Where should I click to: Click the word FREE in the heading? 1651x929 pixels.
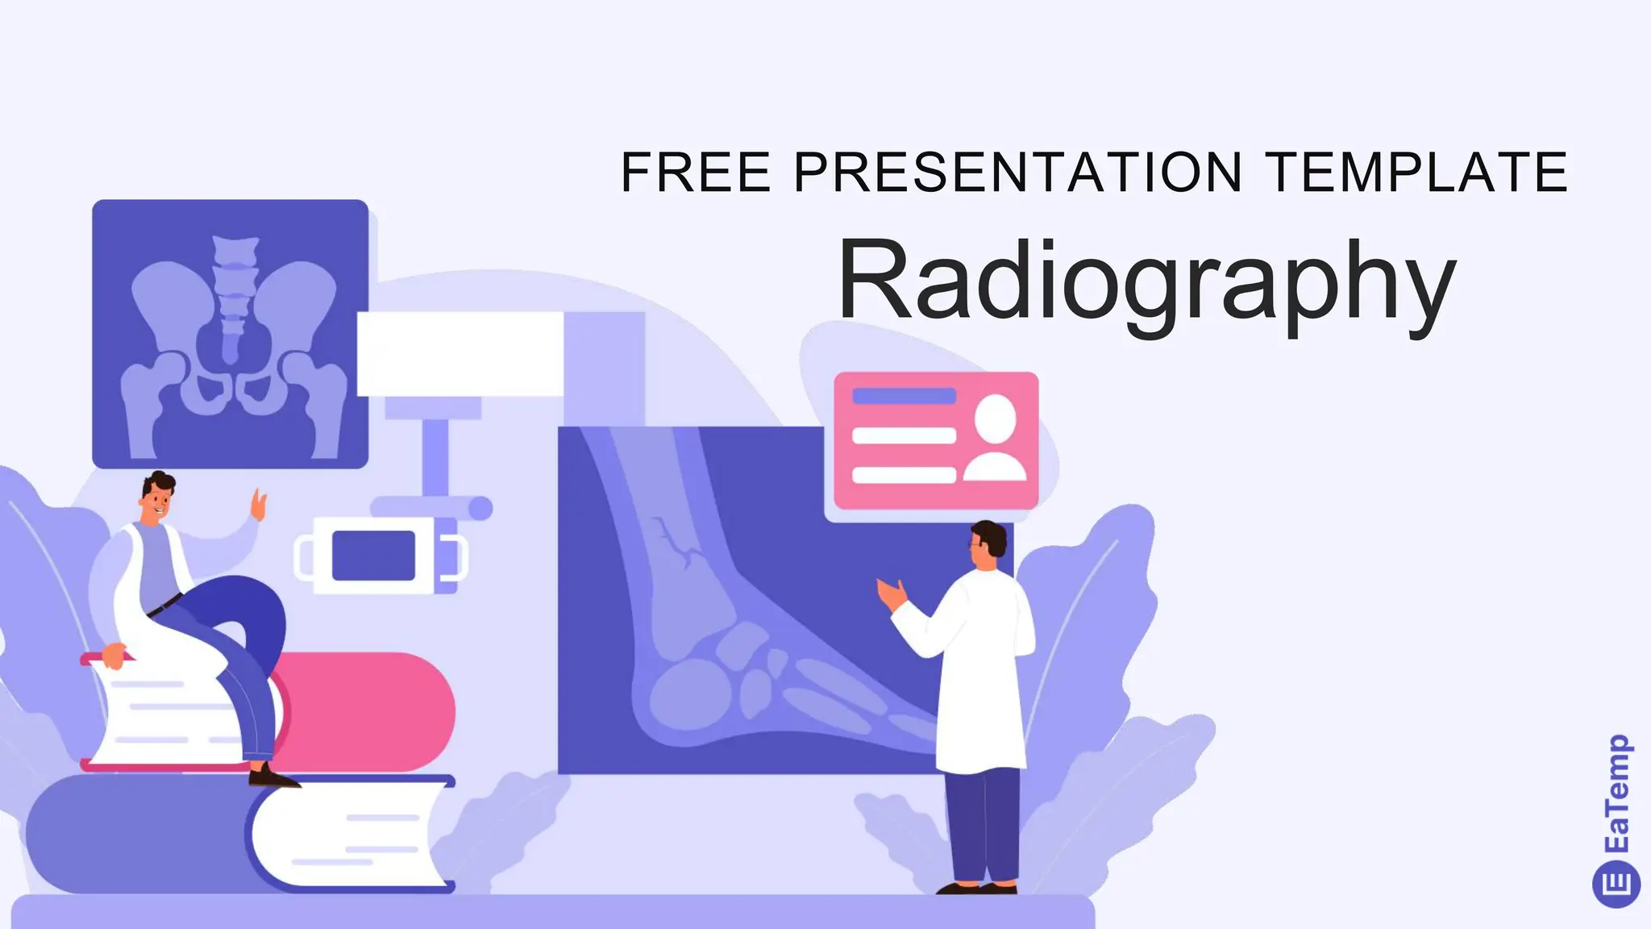click(696, 172)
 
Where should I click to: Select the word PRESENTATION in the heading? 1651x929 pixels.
click(1018, 172)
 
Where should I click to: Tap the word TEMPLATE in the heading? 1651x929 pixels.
click(1416, 172)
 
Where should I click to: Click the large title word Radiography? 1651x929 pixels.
click(1146, 282)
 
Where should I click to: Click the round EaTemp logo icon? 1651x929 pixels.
click(1616, 883)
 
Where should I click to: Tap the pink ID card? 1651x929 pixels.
click(935, 440)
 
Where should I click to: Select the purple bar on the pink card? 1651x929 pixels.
click(904, 396)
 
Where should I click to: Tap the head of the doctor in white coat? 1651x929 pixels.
click(988, 542)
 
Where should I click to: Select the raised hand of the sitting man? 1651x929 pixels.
click(259, 505)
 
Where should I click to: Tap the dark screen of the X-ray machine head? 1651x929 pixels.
click(373, 556)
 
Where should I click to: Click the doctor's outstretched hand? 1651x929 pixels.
click(892, 594)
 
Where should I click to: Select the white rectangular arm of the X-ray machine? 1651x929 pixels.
click(460, 354)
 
